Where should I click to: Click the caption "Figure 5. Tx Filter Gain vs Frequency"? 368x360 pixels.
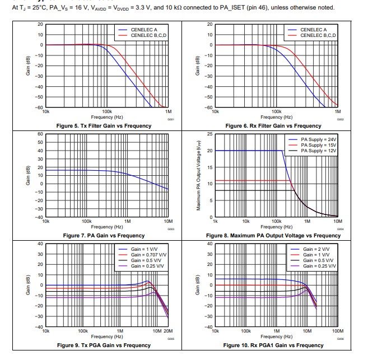pos(104,126)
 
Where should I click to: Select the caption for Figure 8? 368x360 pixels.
pos(273,236)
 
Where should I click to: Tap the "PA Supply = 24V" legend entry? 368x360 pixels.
pos(318,139)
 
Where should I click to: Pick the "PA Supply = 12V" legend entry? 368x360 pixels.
pos(318,151)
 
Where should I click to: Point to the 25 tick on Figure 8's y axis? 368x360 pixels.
pos(209,134)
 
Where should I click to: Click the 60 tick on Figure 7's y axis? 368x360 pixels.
pos(40,134)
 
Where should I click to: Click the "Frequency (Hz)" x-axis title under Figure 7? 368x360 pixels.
pos(106,227)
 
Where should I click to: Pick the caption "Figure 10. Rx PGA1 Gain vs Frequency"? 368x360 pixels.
pos(273,345)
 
